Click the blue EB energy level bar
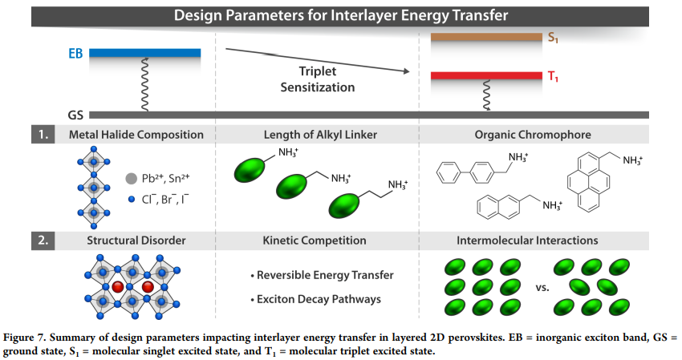point(145,53)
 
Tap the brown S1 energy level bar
point(486,37)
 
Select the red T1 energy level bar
point(486,75)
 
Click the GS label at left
point(75,115)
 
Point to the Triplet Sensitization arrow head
point(407,71)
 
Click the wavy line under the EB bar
point(144,84)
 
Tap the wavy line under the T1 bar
point(487,95)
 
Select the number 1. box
point(43,135)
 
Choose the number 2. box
point(43,241)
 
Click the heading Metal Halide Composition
point(136,135)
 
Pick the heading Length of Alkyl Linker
point(320,135)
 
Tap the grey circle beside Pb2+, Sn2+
point(131,178)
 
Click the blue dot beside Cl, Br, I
point(132,200)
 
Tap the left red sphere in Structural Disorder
point(118,287)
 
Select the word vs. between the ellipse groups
point(542,287)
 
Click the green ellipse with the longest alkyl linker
point(344,205)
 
